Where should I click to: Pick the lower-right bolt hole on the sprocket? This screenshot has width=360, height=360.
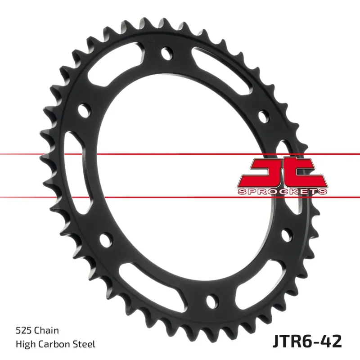point(285,234)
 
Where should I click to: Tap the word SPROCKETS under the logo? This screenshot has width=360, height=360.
point(282,192)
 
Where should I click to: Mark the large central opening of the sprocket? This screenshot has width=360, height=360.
point(180,175)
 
